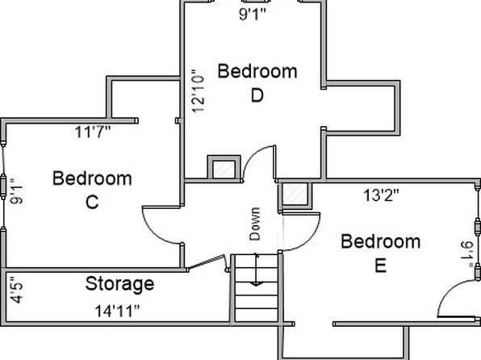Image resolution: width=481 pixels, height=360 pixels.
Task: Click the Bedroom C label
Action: pos(92,190)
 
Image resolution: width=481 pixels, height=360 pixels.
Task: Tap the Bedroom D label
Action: pos(257,83)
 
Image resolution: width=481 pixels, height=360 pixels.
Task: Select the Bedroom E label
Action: pos(381,253)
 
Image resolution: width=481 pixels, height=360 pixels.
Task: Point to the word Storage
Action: pos(119,285)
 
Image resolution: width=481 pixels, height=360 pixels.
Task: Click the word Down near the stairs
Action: pos(255,224)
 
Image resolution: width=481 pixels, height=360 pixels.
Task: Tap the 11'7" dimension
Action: pos(92,132)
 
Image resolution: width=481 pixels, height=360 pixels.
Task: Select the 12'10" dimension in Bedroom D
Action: pos(198,91)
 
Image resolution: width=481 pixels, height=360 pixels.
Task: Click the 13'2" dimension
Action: pos(381,195)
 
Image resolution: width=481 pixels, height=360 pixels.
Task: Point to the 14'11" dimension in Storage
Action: pos(117,311)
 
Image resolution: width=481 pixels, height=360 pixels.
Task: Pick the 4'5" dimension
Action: pos(16,290)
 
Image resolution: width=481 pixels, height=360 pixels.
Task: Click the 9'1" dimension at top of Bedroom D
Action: pos(253,14)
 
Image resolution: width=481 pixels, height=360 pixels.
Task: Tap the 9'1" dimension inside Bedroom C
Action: pos(16,190)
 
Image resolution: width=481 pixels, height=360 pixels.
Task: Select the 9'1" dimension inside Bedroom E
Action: pos(467,254)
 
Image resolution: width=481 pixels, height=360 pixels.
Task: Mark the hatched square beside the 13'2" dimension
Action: pos(295,195)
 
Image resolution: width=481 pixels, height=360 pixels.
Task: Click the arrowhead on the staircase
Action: pos(256,284)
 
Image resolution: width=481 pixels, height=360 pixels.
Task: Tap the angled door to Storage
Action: pos(206,262)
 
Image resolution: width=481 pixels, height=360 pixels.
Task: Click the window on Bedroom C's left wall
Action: pos(3,186)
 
